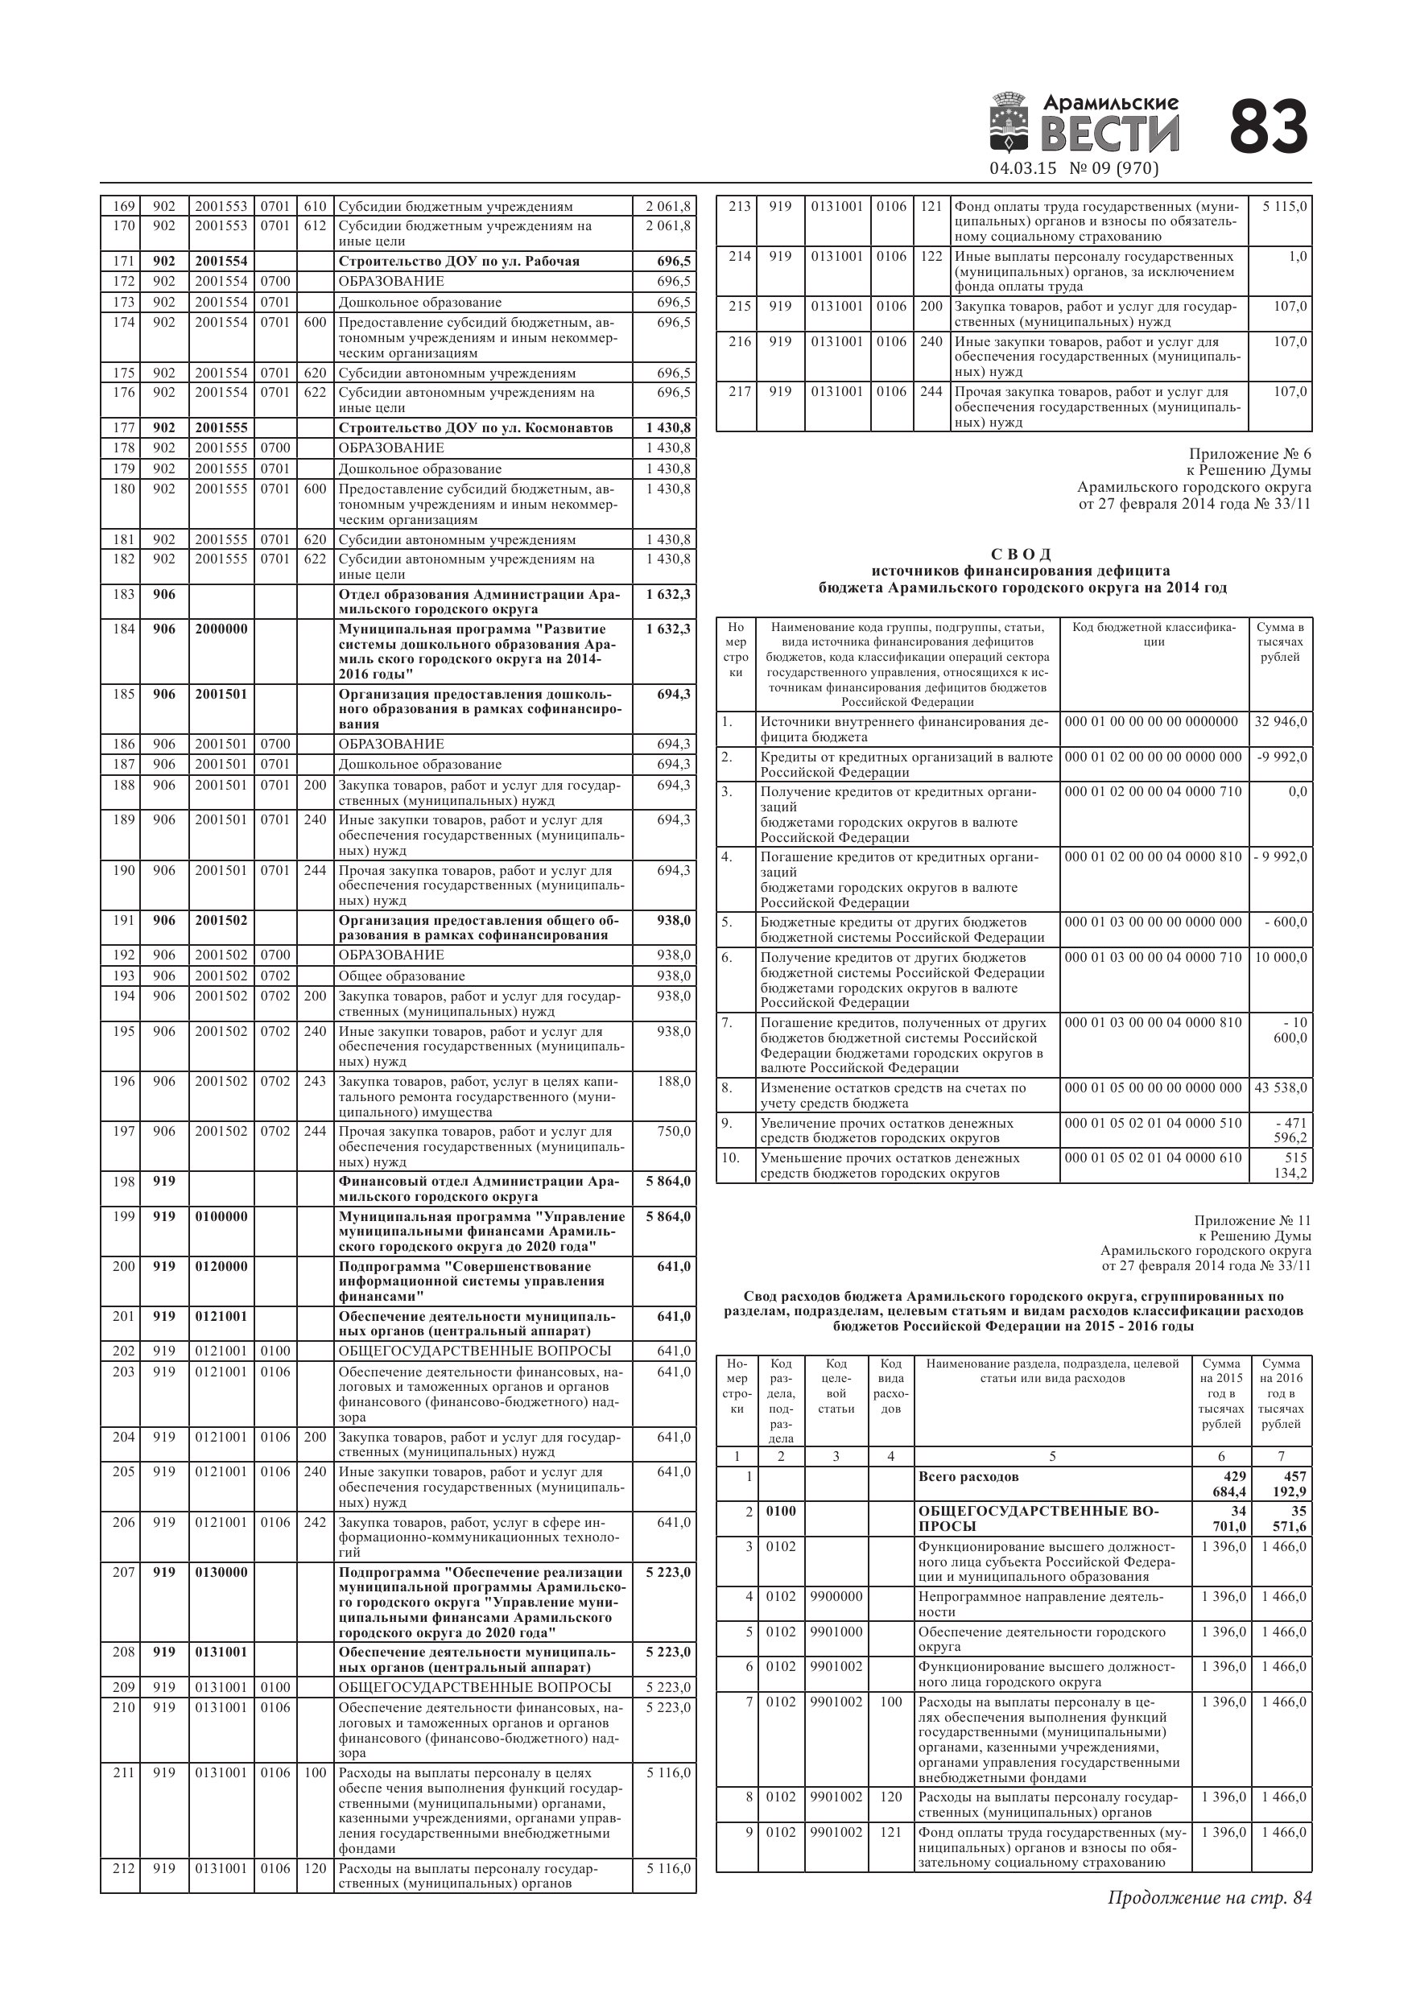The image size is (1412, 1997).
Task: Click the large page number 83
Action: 1268,127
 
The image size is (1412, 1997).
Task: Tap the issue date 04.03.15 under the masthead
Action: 1023,169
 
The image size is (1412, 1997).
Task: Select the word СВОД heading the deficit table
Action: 1022,554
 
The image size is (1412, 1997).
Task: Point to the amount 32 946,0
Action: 1281,722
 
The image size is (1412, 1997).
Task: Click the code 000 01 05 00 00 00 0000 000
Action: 1154,1088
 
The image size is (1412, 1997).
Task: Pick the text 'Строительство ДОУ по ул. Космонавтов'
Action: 475,428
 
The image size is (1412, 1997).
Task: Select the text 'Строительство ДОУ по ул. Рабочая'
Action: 459,262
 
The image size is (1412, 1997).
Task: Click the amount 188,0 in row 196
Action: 675,1081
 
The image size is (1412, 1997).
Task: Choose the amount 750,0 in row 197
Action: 675,1132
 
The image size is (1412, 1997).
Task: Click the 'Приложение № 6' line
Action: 1249,455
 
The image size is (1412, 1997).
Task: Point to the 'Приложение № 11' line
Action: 1252,1221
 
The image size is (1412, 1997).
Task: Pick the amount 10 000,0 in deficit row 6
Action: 1281,958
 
